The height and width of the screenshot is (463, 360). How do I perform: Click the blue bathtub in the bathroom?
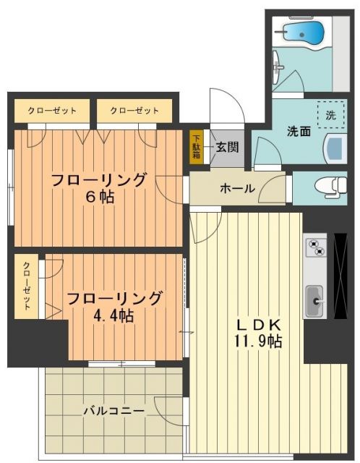tap(304, 33)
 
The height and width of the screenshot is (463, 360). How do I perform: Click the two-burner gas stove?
tap(315, 248)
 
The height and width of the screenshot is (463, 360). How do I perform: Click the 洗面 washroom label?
tap(299, 132)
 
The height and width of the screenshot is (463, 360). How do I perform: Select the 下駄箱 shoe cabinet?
tap(196, 147)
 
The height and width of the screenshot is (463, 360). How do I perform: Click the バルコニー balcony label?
tap(112, 411)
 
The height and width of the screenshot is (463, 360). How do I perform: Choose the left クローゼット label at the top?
tap(52, 111)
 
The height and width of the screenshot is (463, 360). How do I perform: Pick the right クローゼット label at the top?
tap(134, 111)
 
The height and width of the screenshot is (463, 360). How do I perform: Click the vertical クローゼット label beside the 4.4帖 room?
tap(27, 286)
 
